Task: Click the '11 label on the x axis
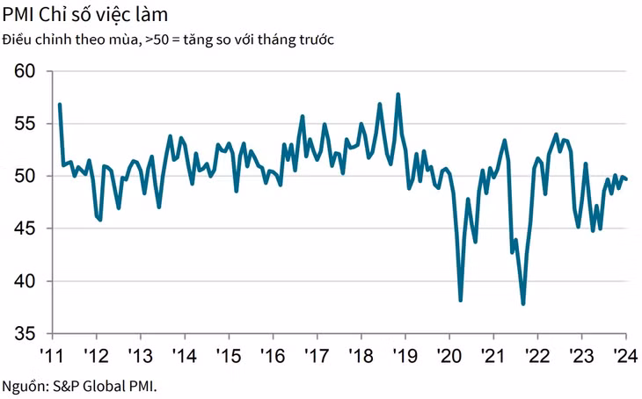[x=51, y=357]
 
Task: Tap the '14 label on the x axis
[x=184, y=357]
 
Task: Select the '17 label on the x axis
[x=317, y=357]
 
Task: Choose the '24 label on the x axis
[x=625, y=357]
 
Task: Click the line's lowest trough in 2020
[x=461, y=300]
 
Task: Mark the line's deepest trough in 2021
[x=523, y=304]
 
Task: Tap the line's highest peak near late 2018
[x=398, y=94]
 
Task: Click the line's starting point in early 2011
[x=59, y=105]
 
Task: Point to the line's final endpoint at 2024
[x=626, y=179]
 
